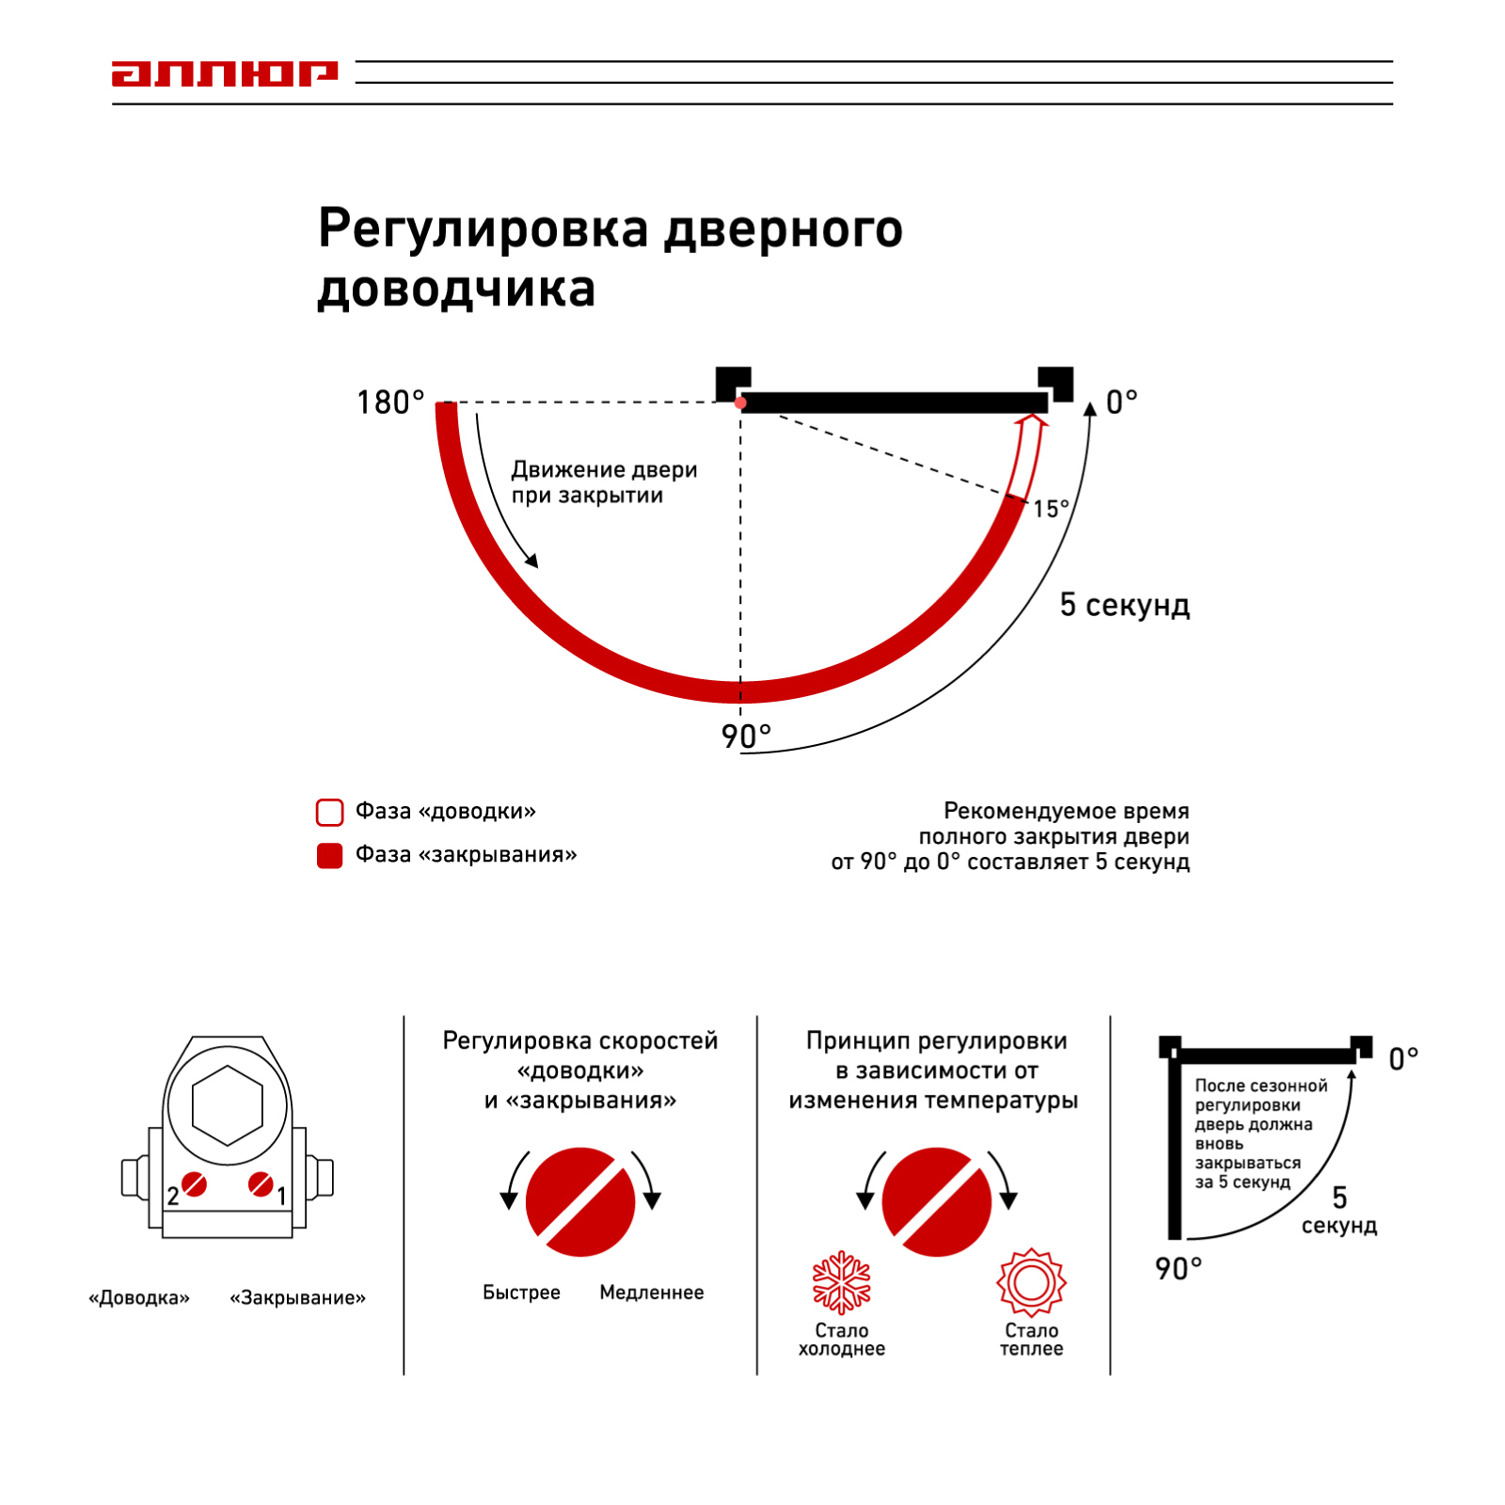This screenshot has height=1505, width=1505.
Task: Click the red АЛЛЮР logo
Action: (x=224, y=73)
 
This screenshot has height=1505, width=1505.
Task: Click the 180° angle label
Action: (x=390, y=403)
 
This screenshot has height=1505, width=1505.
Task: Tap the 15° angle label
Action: (x=1051, y=509)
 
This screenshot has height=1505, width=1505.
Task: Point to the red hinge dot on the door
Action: (x=741, y=404)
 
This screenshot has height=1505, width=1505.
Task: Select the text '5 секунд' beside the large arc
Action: (x=1124, y=605)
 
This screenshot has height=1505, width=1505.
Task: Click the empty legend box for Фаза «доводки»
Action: (x=330, y=812)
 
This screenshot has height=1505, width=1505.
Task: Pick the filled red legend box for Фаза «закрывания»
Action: (x=330, y=855)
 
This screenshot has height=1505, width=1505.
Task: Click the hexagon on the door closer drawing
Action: (x=227, y=1105)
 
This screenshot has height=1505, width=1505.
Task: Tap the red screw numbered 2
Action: (x=195, y=1184)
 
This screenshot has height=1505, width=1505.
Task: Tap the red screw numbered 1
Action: (x=261, y=1184)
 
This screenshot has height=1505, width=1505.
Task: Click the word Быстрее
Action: (x=521, y=1292)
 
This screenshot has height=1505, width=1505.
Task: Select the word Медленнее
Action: (x=652, y=1292)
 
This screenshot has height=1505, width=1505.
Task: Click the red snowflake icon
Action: (x=842, y=1282)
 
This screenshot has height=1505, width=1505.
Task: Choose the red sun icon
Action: (x=1032, y=1282)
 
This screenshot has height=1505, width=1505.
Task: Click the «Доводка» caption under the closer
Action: (x=139, y=1298)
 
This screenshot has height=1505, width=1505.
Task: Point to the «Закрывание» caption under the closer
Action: (x=297, y=1298)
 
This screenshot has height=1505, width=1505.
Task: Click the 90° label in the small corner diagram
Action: (x=1179, y=1269)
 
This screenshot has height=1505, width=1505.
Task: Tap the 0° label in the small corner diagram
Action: (x=1403, y=1059)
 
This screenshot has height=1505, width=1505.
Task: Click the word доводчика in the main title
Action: (x=456, y=288)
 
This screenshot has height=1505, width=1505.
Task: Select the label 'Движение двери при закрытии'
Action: (x=604, y=482)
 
